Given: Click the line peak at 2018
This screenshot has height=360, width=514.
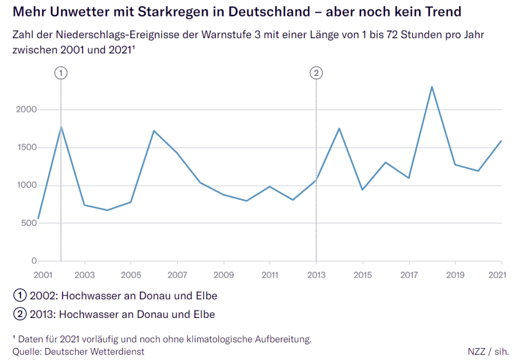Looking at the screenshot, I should point(432,87).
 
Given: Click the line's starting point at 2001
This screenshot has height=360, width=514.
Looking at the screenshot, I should point(38,219).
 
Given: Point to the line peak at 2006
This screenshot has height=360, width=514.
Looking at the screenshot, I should point(154,131).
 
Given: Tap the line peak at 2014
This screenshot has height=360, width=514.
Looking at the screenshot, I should point(339,129).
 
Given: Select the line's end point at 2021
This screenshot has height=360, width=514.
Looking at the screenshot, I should point(501,141).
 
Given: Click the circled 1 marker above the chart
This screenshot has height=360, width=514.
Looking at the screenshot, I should point(61,73).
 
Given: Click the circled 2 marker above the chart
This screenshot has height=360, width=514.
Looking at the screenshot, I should point(316,73).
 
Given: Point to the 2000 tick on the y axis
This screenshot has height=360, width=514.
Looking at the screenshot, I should point(27,110).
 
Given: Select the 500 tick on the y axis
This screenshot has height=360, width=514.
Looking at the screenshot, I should point(30,223).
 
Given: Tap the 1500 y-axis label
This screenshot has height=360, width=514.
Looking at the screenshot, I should point(27,147).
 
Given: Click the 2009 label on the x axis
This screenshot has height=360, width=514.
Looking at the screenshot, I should point(223,275).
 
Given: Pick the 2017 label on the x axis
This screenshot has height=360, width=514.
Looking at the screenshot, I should point(409,275).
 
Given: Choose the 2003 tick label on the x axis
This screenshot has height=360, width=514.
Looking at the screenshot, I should point(85,275).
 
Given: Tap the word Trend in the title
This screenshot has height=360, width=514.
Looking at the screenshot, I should point(441,11).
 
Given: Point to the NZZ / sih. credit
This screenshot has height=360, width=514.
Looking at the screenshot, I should point(488,351).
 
